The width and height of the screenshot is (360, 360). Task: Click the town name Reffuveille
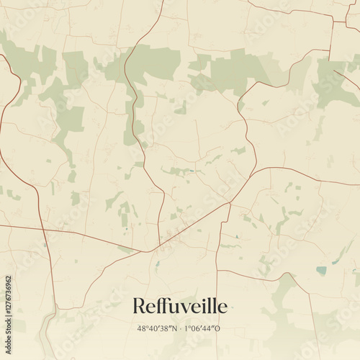point(179,306)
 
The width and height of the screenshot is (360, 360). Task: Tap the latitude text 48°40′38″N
point(158,328)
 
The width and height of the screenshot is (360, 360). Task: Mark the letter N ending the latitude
point(176,328)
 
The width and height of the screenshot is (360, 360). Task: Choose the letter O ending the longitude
point(220,328)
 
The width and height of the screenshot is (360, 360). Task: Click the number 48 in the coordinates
point(140,328)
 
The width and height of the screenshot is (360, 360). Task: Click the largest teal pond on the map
point(321,271)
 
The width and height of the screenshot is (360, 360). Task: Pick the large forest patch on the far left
point(29,61)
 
